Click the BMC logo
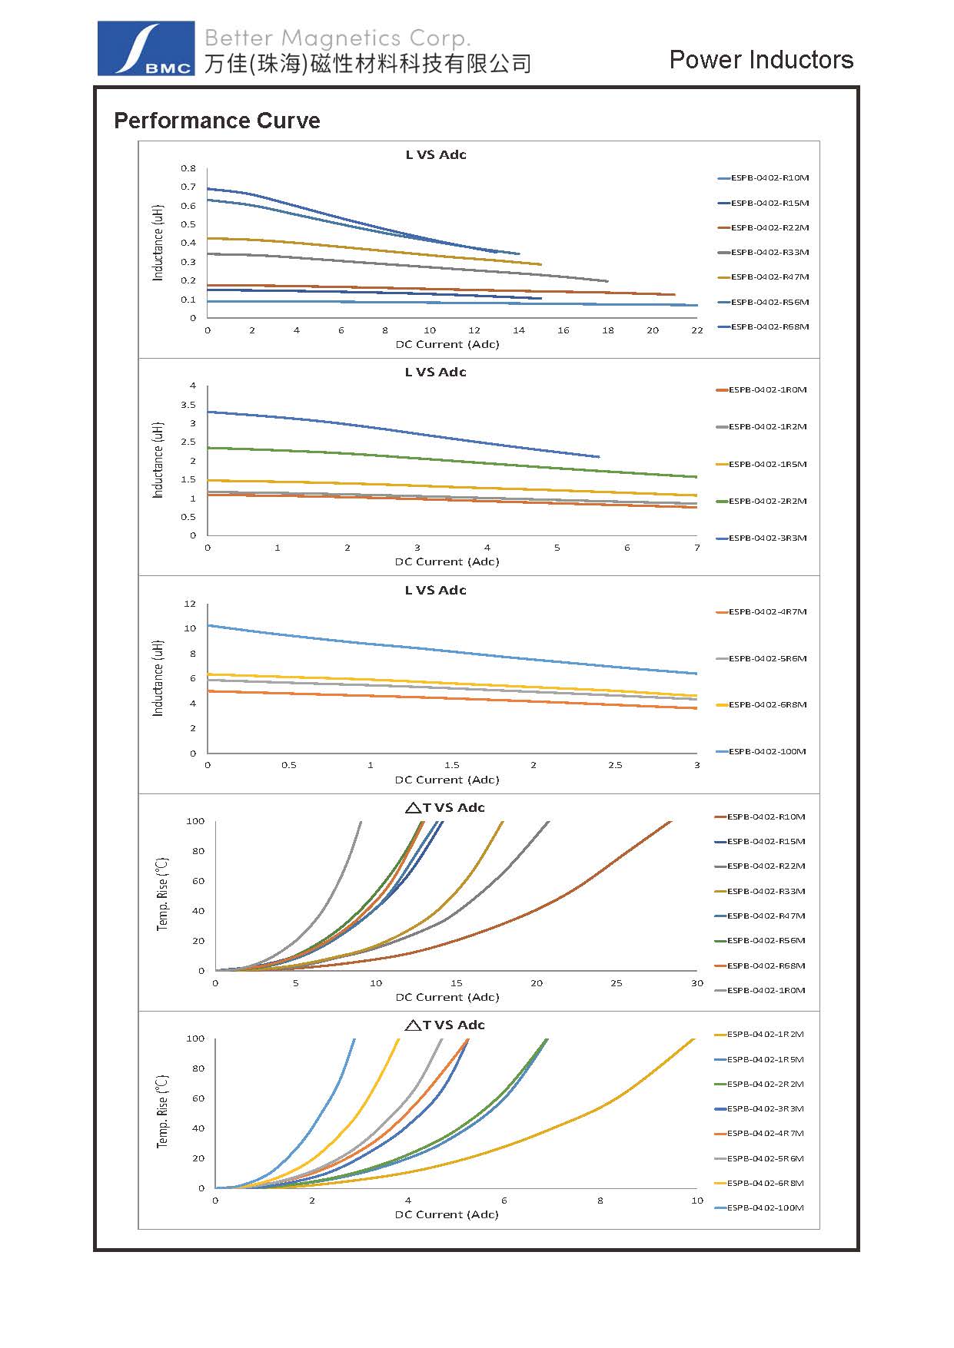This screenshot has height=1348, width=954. (145, 48)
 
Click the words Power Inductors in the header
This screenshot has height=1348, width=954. (761, 60)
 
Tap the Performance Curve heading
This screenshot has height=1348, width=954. (217, 121)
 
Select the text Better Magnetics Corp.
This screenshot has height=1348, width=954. (337, 38)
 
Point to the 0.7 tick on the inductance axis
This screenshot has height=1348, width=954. (188, 187)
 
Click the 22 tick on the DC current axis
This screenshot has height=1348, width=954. (696, 330)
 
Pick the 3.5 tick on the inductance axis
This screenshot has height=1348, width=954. (188, 405)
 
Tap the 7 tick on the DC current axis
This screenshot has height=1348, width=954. (697, 548)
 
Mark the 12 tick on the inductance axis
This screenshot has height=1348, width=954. (190, 604)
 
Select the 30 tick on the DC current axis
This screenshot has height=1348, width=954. (696, 983)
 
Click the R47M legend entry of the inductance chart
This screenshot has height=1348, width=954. (769, 277)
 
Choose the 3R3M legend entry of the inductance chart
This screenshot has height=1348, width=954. (766, 538)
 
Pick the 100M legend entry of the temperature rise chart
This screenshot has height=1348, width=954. (765, 1207)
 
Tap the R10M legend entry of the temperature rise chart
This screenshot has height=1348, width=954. (765, 817)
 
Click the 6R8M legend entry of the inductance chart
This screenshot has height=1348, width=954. (766, 705)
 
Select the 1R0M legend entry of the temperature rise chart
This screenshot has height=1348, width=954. (765, 991)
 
